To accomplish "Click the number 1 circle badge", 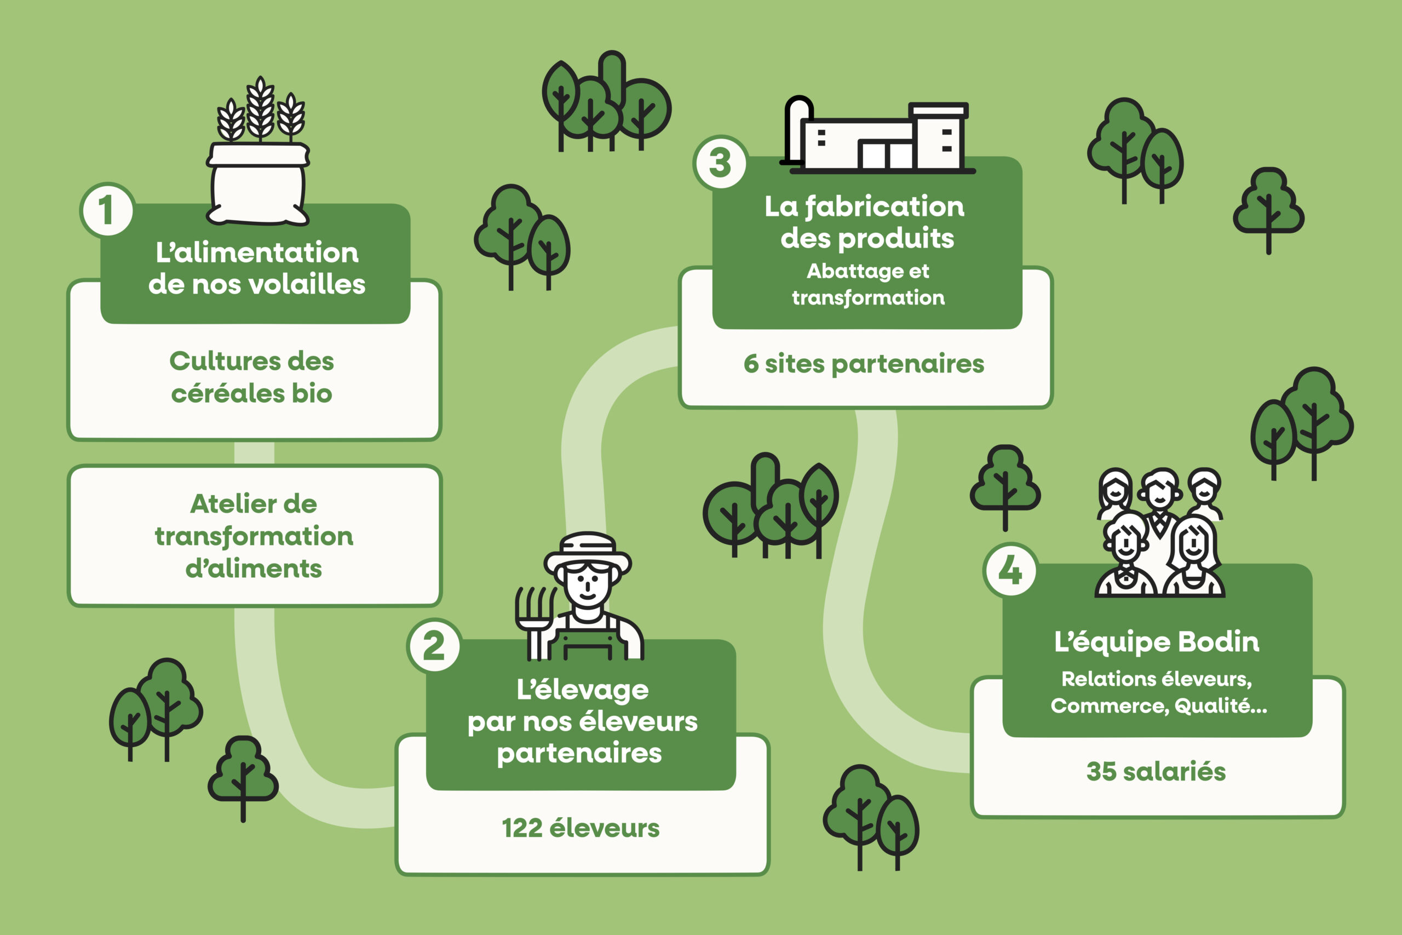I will click(x=107, y=210).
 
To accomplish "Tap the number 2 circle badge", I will click(x=434, y=646).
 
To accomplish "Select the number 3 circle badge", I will click(x=721, y=163).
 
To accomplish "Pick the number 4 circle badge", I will click(x=1010, y=570).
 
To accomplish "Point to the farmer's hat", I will click(x=588, y=552).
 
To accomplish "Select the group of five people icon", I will click(x=1159, y=534).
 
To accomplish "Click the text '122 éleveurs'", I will click(x=581, y=828).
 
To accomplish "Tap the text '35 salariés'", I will click(x=1156, y=772).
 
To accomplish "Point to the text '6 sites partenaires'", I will click(x=864, y=364).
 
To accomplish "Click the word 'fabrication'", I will click(x=884, y=206).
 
